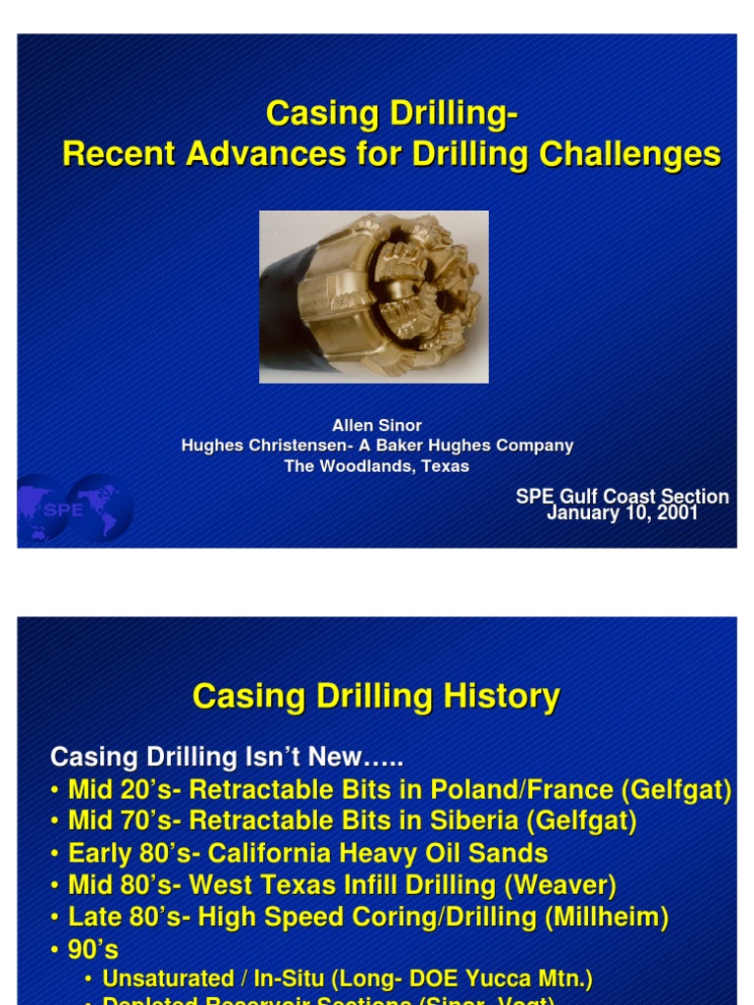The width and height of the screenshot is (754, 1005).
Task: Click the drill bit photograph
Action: coord(373,296)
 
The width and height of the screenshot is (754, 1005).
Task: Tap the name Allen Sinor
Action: coord(377,425)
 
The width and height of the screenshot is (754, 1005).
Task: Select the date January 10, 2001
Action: coord(621,513)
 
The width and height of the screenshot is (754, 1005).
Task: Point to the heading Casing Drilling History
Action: coord(376,696)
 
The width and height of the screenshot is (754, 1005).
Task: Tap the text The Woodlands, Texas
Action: coord(377,466)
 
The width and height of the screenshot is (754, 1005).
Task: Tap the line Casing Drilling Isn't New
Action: coord(227,758)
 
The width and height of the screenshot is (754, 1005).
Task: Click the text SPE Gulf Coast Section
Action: coord(622,497)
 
